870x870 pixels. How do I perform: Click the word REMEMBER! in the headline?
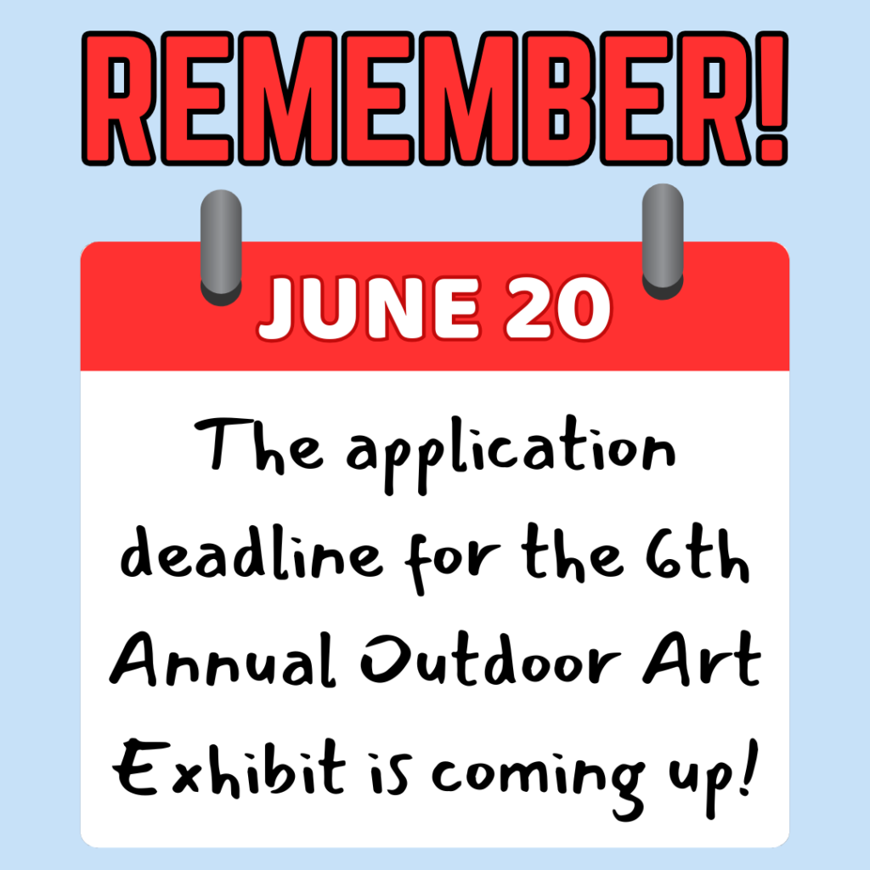point(435,99)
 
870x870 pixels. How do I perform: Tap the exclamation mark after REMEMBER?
point(771,99)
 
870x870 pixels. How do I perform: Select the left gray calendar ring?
point(221,247)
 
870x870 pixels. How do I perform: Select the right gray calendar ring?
point(663,242)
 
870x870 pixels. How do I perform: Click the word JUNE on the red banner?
point(370,308)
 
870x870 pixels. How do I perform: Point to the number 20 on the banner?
point(557,308)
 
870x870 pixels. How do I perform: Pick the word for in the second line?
point(452,562)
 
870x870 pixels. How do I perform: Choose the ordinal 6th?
point(698,553)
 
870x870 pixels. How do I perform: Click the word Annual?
point(223,659)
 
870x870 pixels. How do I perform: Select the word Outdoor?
point(490,658)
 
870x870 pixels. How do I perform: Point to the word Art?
point(702,658)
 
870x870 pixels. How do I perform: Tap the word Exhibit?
point(229,768)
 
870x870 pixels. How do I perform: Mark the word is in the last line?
point(392,774)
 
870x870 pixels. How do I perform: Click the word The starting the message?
point(258,445)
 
